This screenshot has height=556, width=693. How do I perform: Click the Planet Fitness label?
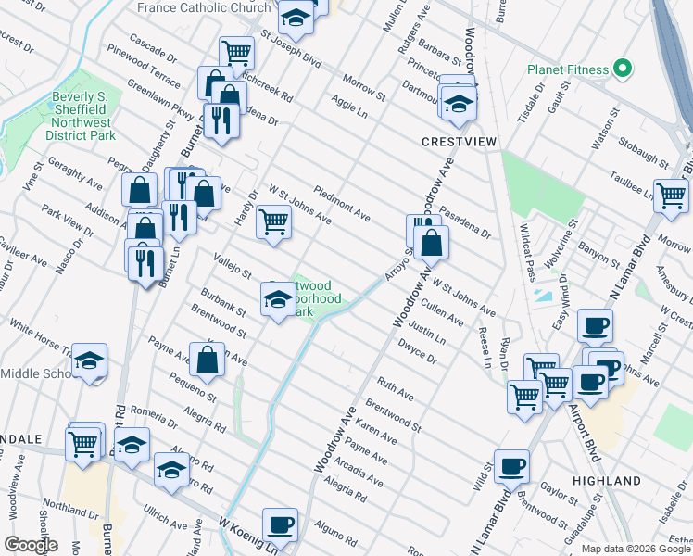coord(568,69)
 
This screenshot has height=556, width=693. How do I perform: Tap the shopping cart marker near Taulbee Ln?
coord(671,195)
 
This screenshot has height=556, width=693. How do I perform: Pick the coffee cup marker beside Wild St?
coord(510,466)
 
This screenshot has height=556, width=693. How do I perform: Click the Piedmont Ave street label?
coord(342,204)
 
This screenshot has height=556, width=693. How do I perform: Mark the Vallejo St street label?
coord(233,268)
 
